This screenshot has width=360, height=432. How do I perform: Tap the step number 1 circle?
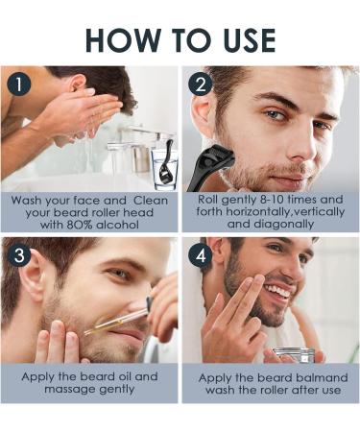click(19, 84)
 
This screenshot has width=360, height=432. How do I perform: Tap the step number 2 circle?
click(202, 84)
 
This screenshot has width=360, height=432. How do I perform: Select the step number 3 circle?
click(19, 256)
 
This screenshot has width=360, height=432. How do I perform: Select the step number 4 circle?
click(202, 256)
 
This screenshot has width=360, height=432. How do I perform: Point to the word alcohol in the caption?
click(127, 224)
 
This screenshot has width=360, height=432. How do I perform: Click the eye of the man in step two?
click(276, 115)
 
